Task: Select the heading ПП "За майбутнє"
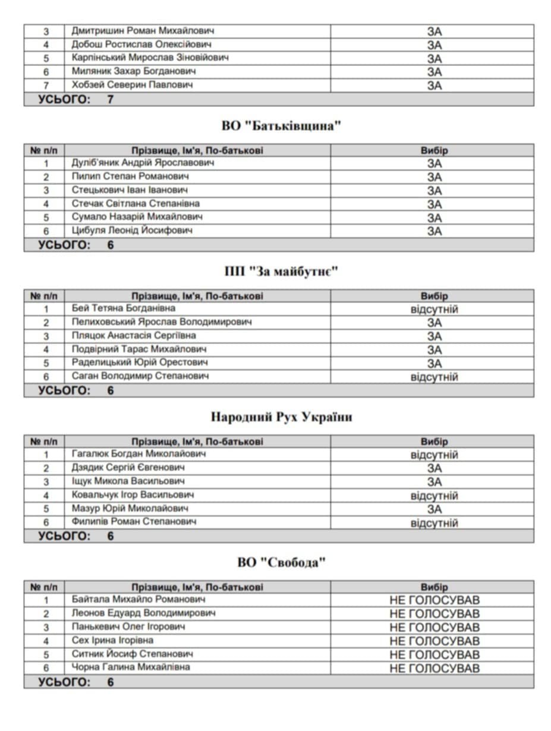click(281, 272)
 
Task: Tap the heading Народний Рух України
click(281, 417)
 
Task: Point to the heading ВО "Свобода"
click(282, 562)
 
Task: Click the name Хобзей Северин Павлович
click(132, 85)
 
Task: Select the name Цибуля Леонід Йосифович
click(131, 231)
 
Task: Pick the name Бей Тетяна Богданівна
click(123, 308)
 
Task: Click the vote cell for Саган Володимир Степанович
click(434, 377)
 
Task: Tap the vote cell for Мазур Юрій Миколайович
click(434, 509)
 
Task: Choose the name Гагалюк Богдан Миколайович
click(138, 454)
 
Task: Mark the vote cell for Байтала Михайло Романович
click(434, 600)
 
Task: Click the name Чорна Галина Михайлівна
click(131, 667)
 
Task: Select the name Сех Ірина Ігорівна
click(112, 640)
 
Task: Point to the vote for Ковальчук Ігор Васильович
click(434, 496)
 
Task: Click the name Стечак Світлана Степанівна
click(136, 203)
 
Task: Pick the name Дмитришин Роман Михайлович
click(143, 30)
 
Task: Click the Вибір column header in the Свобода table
click(434, 587)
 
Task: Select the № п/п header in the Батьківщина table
click(44, 150)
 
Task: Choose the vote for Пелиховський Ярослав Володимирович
click(434, 323)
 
